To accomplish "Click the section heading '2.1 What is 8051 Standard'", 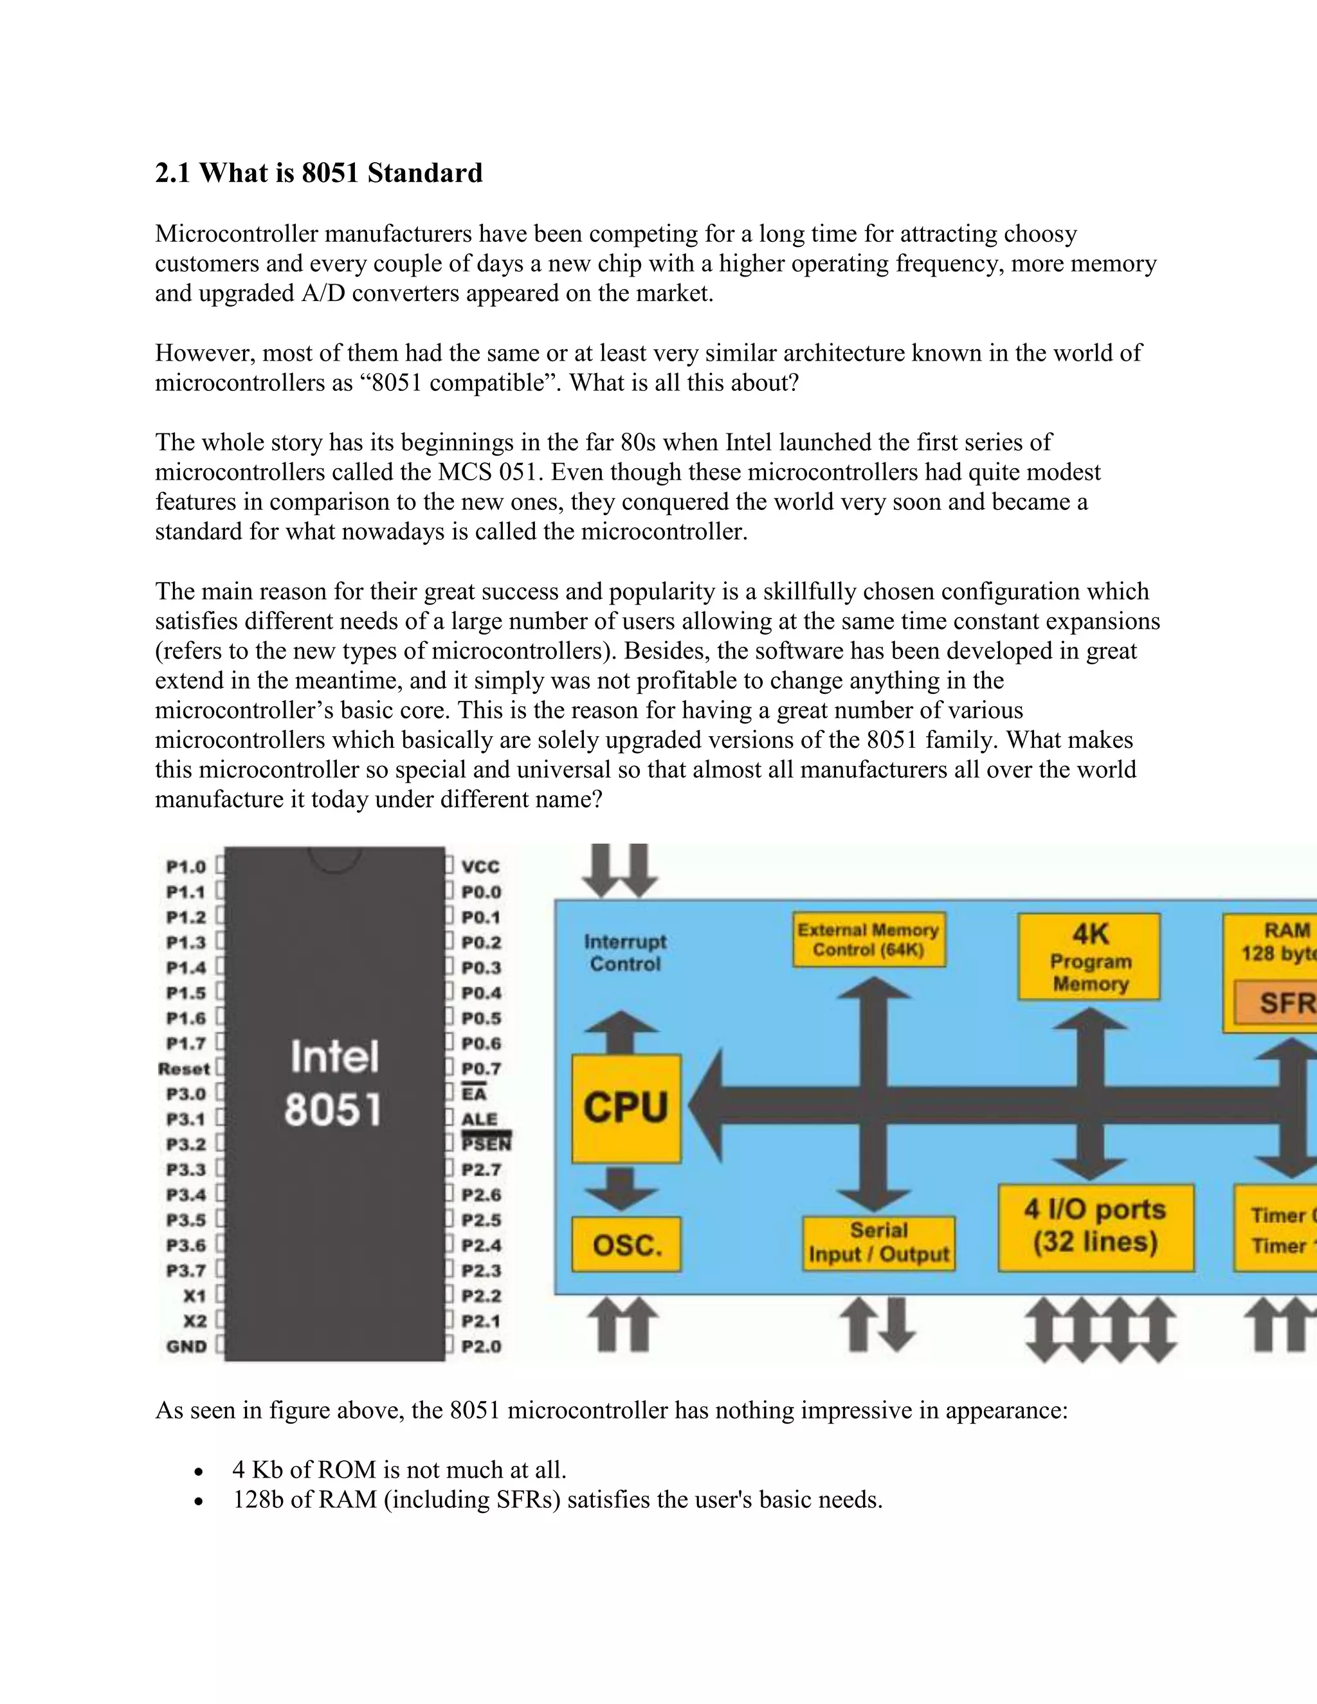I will pyautogui.click(x=318, y=172).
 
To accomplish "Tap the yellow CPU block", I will pyautogui.click(x=626, y=1108).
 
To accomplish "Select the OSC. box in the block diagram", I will pyautogui.click(x=626, y=1244).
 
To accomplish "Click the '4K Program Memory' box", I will pyautogui.click(x=1089, y=957).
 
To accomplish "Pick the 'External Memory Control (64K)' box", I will pyautogui.click(x=868, y=939).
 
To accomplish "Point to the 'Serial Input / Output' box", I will pyautogui.click(x=878, y=1242).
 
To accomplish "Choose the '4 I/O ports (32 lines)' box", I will pyautogui.click(x=1096, y=1226).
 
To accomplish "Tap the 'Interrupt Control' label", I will pyautogui.click(x=625, y=953).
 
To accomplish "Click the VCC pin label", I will pyautogui.click(x=480, y=867).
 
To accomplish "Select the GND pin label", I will pyautogui.click(x=186, y=1346).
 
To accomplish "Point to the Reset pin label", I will pyautogui.click(x=184, y=1069).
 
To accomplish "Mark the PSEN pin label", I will pyautogui.click(x=486, y=1144).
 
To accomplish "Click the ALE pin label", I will pyautogui.click(x=479, y=1119).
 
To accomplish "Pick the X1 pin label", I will pyautogui.click(x=194, y=1295).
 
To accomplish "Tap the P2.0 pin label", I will pyautogui.click(x=480, y=1346).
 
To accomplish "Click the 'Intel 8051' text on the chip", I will pyautogui.click(x=334, y=1083).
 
